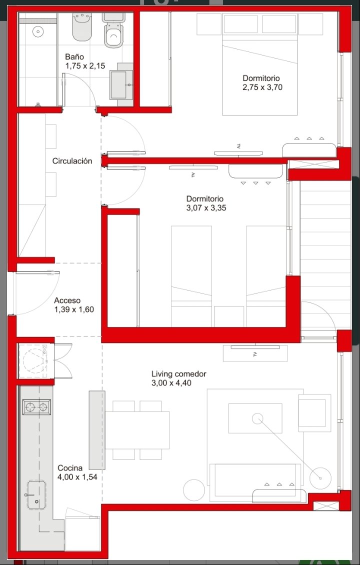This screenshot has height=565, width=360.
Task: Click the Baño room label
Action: pos(74,56)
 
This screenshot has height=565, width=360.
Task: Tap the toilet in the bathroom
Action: pos(114,30)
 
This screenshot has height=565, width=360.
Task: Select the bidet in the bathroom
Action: pos(82,27)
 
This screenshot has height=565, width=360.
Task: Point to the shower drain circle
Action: pos(37,31)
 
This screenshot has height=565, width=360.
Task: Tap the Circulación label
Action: pos(72,161)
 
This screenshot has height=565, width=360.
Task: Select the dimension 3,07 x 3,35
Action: pos(206,208)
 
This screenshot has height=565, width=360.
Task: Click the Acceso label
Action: pos(67,300)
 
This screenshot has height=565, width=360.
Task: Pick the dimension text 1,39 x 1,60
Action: pos(74,309)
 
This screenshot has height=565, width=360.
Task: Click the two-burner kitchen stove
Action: pos(37,407)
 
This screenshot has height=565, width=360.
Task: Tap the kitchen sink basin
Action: pos(37,495)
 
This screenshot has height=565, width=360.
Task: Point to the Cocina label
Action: pos(70,468)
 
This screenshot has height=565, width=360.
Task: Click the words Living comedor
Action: pos(178,374)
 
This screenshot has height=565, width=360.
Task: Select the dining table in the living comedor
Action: pos(137,430)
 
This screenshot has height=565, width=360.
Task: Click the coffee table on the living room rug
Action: pos(255,418)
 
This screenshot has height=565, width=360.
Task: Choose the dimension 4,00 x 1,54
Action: pos(77,477)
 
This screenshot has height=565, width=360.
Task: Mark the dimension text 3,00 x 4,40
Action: pos(171,383)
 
